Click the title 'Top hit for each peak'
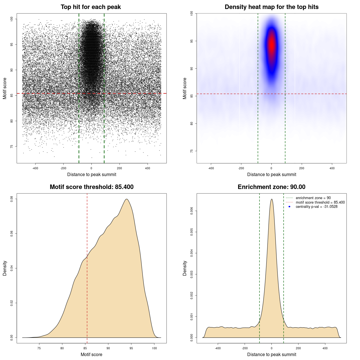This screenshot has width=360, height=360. click(91, 7)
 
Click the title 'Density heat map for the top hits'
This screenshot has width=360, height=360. click(271, 7)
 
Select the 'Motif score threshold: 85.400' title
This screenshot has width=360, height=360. click(91, 187)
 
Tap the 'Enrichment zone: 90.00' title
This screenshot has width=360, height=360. click(271, 187)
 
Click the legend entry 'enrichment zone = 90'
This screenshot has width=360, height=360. click(313, 198)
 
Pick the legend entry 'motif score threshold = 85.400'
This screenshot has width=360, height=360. click(320, 202)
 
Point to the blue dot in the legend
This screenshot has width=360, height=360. click(289, 207)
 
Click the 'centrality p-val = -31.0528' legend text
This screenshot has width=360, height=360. click(316, 207)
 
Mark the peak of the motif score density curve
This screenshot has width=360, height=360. click(127, 199)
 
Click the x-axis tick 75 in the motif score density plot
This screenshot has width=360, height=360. click(39, 348)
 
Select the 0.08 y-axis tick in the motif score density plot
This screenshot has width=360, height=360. click(12, 199)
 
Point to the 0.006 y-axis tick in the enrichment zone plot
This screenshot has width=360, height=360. click(192, 211)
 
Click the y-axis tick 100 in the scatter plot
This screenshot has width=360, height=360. click(12, 19)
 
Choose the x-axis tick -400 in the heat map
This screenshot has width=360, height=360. click(211, 168)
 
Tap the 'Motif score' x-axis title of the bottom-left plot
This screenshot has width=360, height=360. click(91, 354)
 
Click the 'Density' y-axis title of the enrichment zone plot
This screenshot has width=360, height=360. click(185, 268)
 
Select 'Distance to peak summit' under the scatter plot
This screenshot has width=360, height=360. click(92, 174)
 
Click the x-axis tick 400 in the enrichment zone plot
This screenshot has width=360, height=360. click(325, 348)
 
